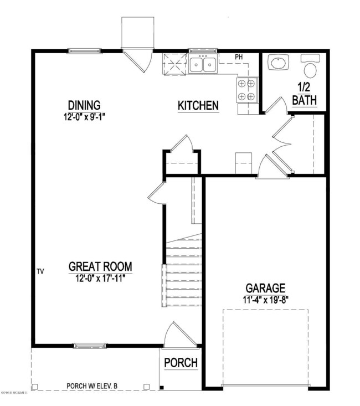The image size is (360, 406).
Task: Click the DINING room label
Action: click(84, 105)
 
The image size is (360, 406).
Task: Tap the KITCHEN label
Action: click(198, 106)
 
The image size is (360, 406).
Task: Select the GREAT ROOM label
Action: click(100, 266)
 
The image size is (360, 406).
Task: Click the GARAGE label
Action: click(266, 288)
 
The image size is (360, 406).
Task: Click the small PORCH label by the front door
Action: click(181, 363)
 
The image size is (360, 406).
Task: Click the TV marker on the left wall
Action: click(40, 271)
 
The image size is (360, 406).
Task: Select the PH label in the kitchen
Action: click(239, 57)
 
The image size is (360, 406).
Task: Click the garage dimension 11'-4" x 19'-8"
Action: click(266, 300)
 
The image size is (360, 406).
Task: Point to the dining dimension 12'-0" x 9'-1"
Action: click(84, 117)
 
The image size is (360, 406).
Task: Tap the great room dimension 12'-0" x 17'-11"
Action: click(100, 277)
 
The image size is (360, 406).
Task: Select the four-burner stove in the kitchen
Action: click(247, 90)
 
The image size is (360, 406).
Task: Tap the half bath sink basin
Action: click(277, 64)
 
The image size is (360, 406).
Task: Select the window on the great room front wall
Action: click(89, 346)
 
